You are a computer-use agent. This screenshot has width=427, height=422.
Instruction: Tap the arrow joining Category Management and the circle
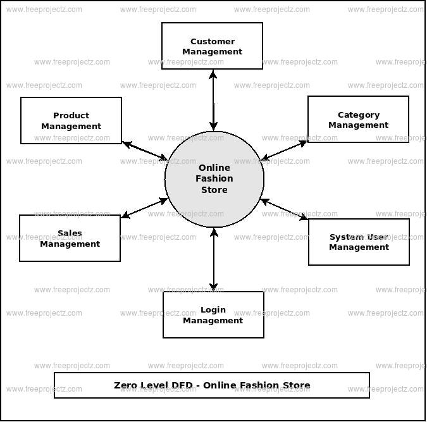(285, 150)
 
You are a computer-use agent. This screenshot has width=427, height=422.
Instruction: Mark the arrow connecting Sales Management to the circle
(145, 208)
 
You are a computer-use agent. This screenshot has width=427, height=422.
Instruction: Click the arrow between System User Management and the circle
(285, 209)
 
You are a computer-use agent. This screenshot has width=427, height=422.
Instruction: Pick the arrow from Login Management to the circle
(214, 259)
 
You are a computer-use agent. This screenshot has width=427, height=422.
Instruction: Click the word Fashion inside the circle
(214, 178)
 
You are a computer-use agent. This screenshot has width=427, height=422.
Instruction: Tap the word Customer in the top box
(213, 42)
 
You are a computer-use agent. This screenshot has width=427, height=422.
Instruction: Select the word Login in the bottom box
(213, 310)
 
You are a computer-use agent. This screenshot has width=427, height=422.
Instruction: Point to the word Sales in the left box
(70, 233)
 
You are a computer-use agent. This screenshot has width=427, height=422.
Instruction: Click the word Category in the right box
(359, 115)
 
